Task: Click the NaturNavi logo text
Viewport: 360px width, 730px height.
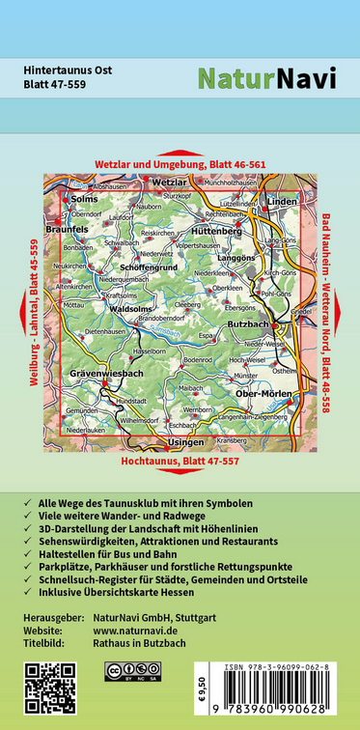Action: (266, 78)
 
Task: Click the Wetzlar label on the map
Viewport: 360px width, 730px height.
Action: (170, 182)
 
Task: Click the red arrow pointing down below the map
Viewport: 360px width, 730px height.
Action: (180, 473)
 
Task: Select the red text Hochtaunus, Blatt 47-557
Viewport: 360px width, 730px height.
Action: (180, 461)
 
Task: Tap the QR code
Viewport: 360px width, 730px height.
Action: (48, 687)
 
